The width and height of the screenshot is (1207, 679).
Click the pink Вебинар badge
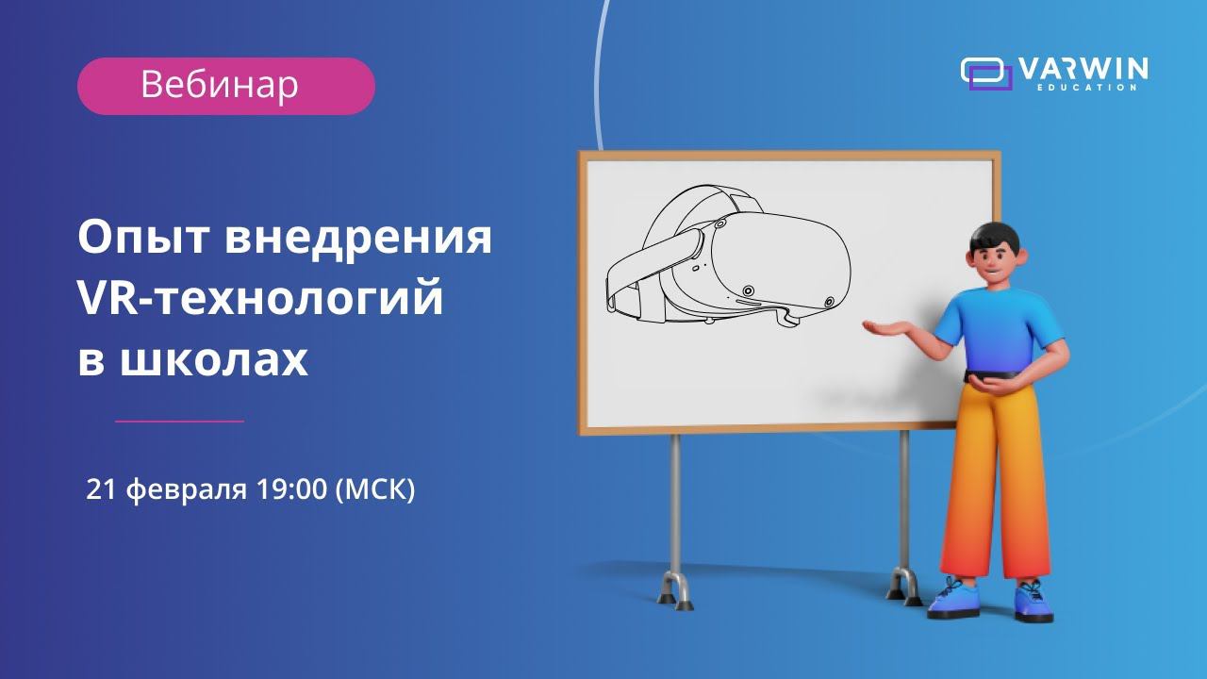(225, 86)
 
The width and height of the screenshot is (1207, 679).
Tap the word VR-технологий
(259, 300)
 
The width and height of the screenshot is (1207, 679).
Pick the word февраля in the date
(186, 490)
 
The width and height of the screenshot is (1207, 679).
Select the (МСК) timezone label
(374, 490)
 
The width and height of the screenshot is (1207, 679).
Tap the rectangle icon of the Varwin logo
(986, 73)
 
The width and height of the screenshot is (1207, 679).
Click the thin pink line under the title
(179, 421)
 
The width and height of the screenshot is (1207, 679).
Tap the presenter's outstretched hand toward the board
(882, 326)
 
